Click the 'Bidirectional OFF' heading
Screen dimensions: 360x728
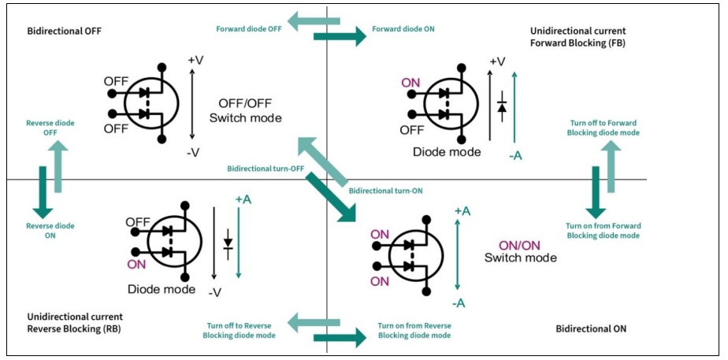coord(65,31)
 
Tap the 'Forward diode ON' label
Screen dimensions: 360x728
coord(402,29)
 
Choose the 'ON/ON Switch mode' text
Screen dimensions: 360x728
coord(520,251)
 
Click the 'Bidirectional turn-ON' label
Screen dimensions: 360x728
coord(385,191)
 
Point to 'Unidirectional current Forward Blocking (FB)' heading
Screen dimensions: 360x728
coord(578,36)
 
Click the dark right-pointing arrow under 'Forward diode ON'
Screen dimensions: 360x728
coord(340,36)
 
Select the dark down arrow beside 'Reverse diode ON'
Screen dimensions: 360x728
coord(43,191)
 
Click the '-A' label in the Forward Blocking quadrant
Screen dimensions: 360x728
coord(515,155)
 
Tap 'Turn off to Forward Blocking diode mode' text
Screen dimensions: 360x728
coord(603,128)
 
